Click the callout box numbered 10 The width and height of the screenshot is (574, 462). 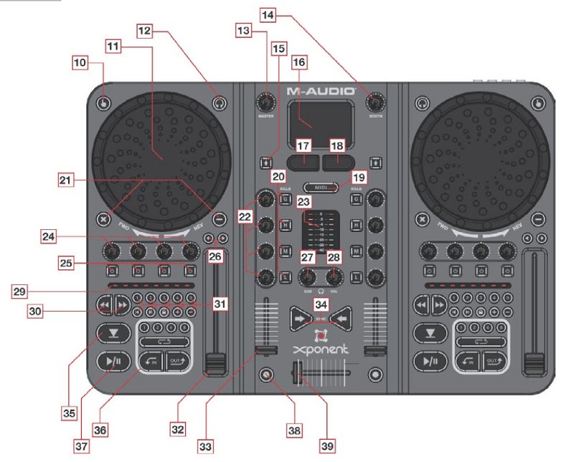coord(81,62)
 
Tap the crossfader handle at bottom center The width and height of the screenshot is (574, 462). coord(296,374)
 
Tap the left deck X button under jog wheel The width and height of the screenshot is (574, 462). coord(104,218)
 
